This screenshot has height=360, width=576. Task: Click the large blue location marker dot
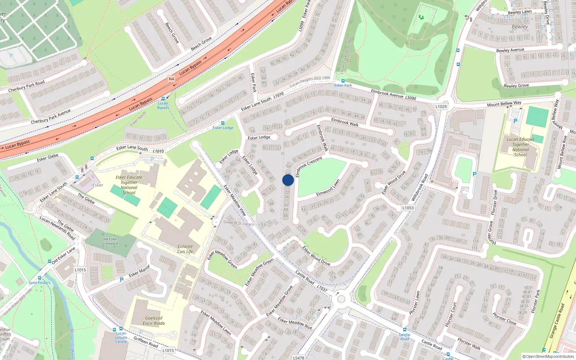point(288,180)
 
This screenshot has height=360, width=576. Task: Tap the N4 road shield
point(171,79)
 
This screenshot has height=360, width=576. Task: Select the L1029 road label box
point(441,106)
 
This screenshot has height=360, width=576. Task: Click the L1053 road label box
point(408,208)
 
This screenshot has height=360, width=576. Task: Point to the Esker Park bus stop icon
point(343,81)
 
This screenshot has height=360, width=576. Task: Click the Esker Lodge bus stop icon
point(222,123)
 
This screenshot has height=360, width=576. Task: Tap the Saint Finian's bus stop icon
point(40,278)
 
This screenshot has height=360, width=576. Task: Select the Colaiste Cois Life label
point(185,249)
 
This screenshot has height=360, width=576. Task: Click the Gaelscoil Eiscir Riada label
point(154,320)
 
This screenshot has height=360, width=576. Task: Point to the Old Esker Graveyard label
point(110,241)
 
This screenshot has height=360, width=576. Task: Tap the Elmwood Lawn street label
point(328,188)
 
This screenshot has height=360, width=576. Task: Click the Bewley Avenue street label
point(510,50)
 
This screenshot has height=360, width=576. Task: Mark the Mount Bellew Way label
point(504,104)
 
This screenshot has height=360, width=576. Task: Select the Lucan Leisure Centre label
point(121,337)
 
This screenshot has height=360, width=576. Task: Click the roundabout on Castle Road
point(341,299)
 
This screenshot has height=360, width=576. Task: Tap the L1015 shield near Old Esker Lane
point(80,270)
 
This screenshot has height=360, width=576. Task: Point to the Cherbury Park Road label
point(27,86)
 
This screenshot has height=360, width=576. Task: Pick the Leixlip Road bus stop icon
point(404,329)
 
